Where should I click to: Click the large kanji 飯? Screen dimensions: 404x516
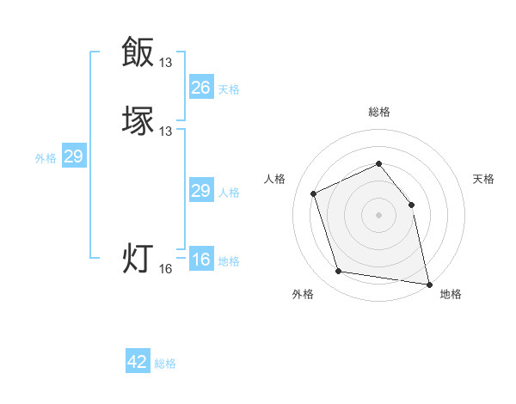click(138, 52)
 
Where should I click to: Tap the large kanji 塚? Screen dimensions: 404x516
click(138, 120)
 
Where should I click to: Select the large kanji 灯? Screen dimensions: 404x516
click(138, 258)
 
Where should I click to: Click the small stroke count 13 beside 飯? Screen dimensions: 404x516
click(166, 62)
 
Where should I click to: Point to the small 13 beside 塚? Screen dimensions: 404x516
click(166, 131)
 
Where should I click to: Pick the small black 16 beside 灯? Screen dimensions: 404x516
click(166, 269)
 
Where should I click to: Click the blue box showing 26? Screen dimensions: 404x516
click(201, 88)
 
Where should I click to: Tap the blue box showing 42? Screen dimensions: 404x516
click(138, 362)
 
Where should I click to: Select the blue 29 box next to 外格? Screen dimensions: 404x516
click(73, 156)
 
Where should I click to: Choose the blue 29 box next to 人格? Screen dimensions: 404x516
click(201, 191)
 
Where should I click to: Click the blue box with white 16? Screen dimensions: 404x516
click(201, 260)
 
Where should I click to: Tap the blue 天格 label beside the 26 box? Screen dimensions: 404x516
click(229, 89)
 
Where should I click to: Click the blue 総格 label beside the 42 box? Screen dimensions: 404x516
click(165, 364)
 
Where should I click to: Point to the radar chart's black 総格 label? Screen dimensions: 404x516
click(378, 112)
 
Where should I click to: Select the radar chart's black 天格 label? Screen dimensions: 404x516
click(483, 179)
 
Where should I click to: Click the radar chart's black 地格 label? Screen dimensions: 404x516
click(451, 294)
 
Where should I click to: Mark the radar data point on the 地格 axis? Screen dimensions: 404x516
click(427, 283)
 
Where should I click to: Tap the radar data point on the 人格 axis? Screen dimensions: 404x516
click(314, 193)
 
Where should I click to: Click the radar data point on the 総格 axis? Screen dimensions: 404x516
click(378, 163)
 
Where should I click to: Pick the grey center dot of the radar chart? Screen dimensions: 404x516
click(378, 214)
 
